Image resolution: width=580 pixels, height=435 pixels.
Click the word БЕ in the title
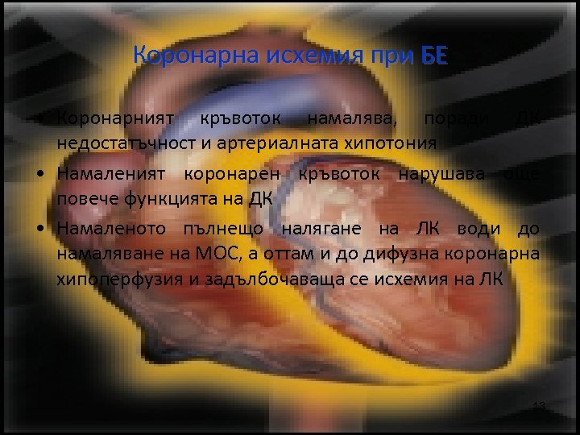coord(433,56)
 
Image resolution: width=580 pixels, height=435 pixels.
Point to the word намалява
coord(354,118)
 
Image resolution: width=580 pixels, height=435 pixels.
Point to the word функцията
coord(173,199)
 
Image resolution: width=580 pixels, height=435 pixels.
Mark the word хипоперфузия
coord(111,280)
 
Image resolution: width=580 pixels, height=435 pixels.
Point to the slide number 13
coord(539,405)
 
